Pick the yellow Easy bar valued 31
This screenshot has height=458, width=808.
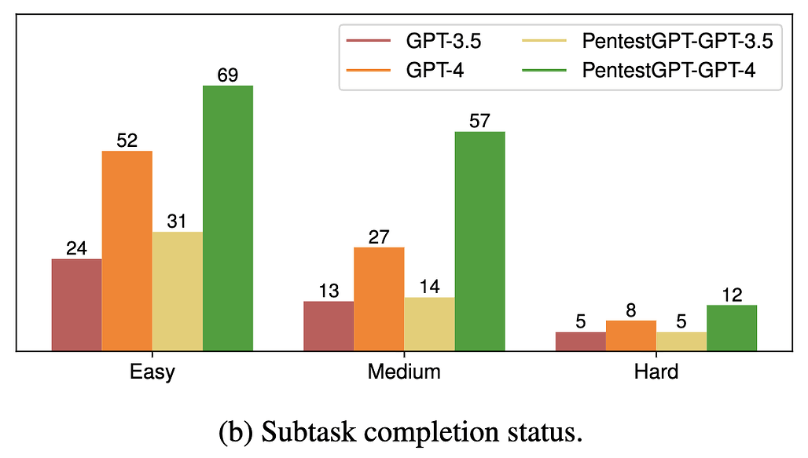[177, 291]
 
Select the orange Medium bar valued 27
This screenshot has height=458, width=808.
[379, 299]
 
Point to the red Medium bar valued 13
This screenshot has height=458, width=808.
[329, 325]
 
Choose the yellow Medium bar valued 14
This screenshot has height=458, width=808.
[429, 323]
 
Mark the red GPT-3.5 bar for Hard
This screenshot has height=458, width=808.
[581, 341]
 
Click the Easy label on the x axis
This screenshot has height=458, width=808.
[152, 372]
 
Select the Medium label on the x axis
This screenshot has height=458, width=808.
[404, 372]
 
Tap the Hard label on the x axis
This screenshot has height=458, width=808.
[656, 372]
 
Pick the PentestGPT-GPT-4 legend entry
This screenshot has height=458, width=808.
[668, 69]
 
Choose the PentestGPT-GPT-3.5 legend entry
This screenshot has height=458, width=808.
[677, 42]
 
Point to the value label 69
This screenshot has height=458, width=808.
[228, 76]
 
